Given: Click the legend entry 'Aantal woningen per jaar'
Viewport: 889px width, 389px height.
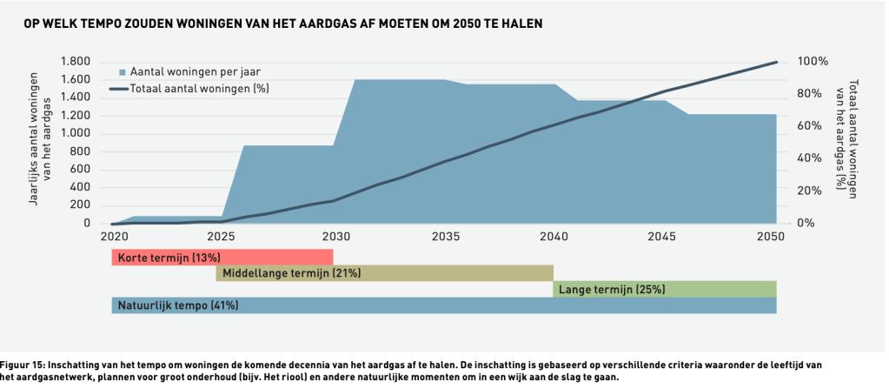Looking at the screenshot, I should (x=195, y=71).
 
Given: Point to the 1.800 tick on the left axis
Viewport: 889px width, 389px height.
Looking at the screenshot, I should (x=76, y=61).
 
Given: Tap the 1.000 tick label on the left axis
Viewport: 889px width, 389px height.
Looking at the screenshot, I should (x=76, y=133).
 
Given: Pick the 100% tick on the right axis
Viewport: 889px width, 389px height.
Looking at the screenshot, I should (x=813, y=62).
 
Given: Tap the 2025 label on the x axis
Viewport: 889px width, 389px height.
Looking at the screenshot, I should (x=223, y=238).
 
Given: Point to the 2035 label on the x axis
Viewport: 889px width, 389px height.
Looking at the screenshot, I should (x=444, y=238).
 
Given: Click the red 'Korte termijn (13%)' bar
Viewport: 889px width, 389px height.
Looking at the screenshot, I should (x=222, y=257).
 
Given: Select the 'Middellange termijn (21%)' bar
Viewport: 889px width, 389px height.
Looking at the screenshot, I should (x=384, y=273).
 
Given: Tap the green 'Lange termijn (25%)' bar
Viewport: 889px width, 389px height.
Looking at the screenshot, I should (x=665, y=289).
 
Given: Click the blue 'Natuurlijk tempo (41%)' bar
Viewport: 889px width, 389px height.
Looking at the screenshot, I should (x=443, y=305).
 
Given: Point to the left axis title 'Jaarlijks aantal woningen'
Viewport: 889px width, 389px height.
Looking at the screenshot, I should (x=36, y=139).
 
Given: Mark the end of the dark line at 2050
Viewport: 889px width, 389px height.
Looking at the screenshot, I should (x=776, y=62).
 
